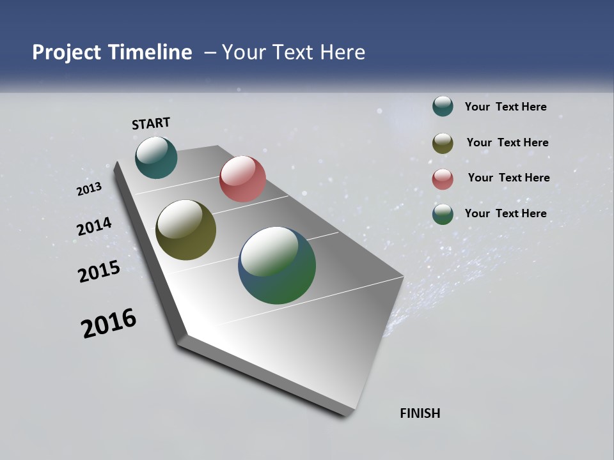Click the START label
click(151, 123)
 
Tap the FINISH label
click(420, 413)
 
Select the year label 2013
click(89, 189)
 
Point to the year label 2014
click(94, 227)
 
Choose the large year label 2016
click(109, 323)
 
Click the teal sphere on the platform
click(156, 157)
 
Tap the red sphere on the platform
click(242, 178)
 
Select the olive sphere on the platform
click(185, 230)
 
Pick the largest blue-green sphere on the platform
click(277, 264)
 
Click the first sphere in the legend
click(443, 107)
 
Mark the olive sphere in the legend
click(443, 143)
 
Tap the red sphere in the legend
click(443, 179)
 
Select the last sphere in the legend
click(443, 214)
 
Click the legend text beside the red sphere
click(508, 178)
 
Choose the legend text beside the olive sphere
click(507, 142)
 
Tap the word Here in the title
click(342, 52)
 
